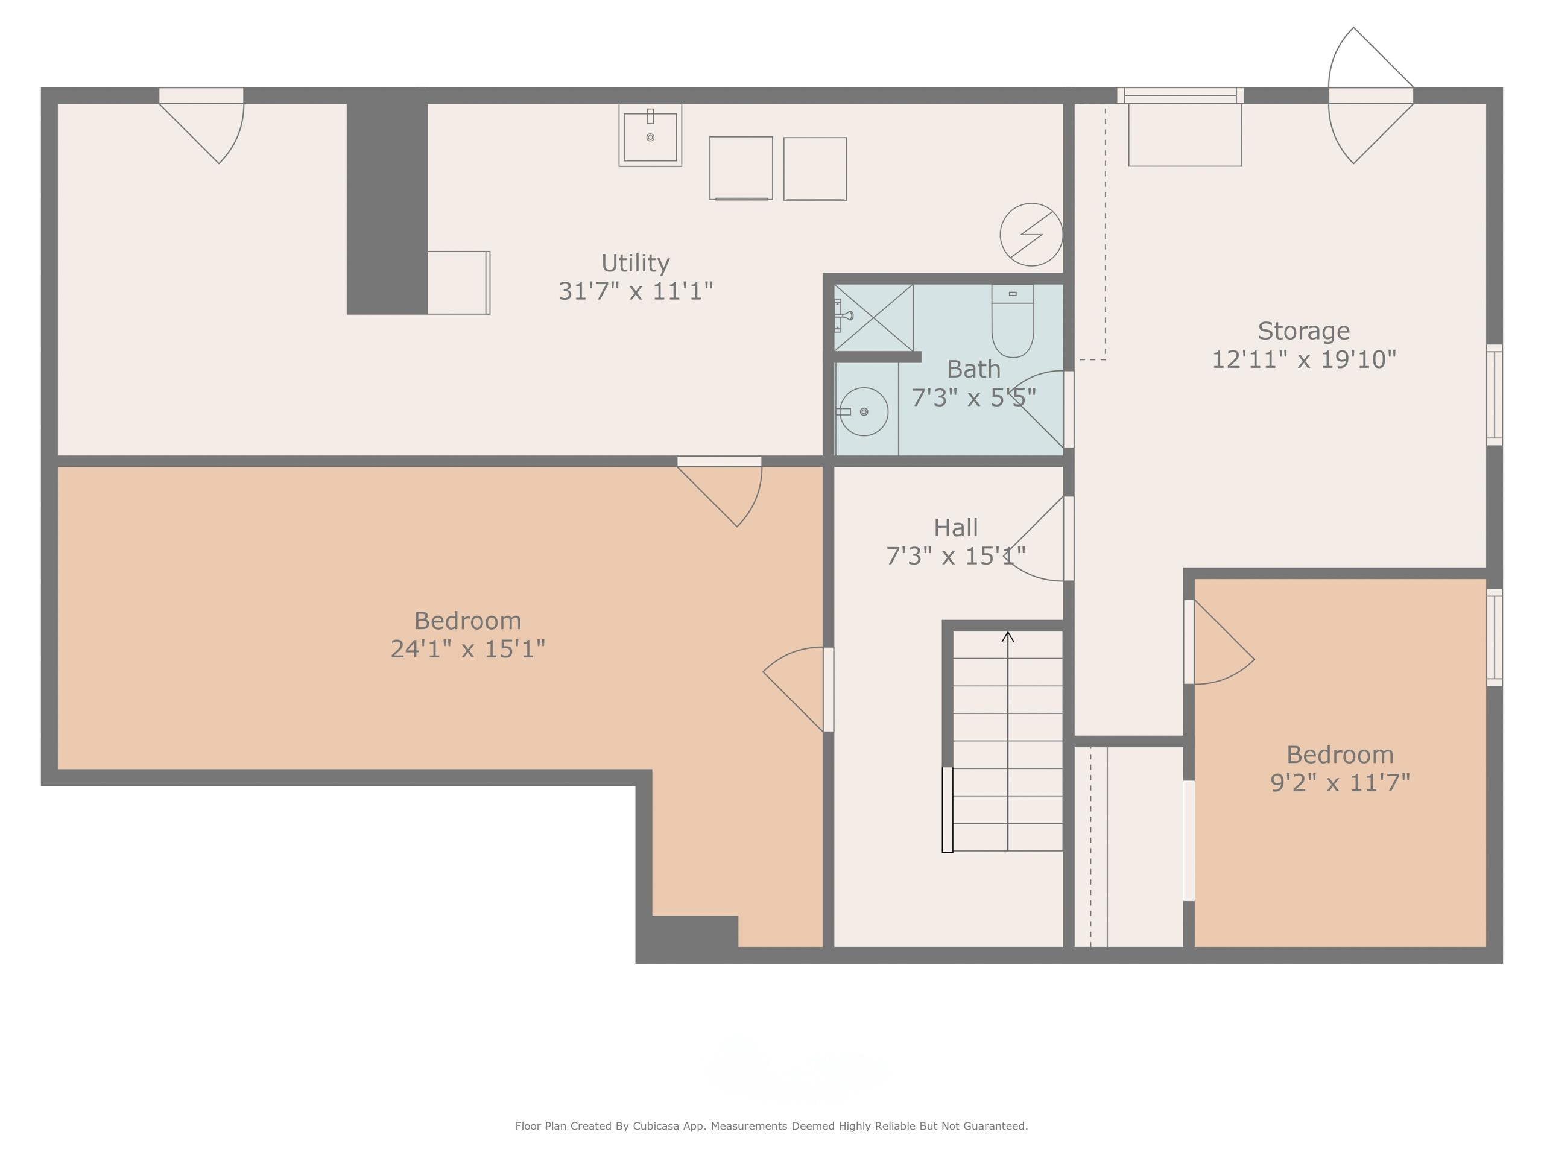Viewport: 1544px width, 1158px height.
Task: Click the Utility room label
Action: point(635,263)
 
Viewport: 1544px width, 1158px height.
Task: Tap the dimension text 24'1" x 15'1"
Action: point(467,649)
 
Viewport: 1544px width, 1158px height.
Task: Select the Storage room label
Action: point(1303,331)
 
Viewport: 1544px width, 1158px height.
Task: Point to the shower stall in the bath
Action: point(873,318)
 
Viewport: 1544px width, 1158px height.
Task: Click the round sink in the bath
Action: point(864,412)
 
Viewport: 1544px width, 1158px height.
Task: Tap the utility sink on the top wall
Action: point(650,136)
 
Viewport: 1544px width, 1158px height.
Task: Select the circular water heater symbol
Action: point(1031,235)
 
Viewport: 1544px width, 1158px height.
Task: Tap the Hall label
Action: point(955,528)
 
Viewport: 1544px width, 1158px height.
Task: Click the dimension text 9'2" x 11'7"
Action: point(1340,783)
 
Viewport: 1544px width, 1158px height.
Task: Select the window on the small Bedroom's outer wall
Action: point(1494,638)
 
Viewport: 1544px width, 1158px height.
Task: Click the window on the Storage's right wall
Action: point(1494,394)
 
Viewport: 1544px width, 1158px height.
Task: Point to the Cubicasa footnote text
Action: point(771,1126)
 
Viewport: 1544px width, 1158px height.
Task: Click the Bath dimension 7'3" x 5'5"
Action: point(973,398)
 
